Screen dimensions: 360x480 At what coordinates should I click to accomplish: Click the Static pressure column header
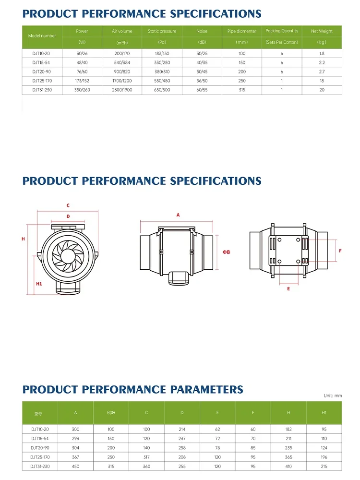(x=162, y=31)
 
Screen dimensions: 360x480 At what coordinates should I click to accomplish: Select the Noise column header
(x=202, y=31)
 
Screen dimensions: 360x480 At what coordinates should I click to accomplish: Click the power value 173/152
(x=82, y=81)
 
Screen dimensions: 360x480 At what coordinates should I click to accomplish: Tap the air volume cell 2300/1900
(x=122, y=90)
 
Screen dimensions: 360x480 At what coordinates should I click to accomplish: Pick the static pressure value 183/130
(x=162, y=54)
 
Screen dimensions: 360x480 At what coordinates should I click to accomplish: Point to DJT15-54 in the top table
(x=41, y=63)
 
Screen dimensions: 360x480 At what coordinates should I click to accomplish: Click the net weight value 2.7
(x=322, y=72)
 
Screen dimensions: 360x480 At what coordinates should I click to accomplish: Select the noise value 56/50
(x=202, y=81)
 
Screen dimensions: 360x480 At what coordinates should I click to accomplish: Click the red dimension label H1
(x=39, y=284)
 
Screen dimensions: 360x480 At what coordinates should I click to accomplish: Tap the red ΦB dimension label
(x=226, y=252)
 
